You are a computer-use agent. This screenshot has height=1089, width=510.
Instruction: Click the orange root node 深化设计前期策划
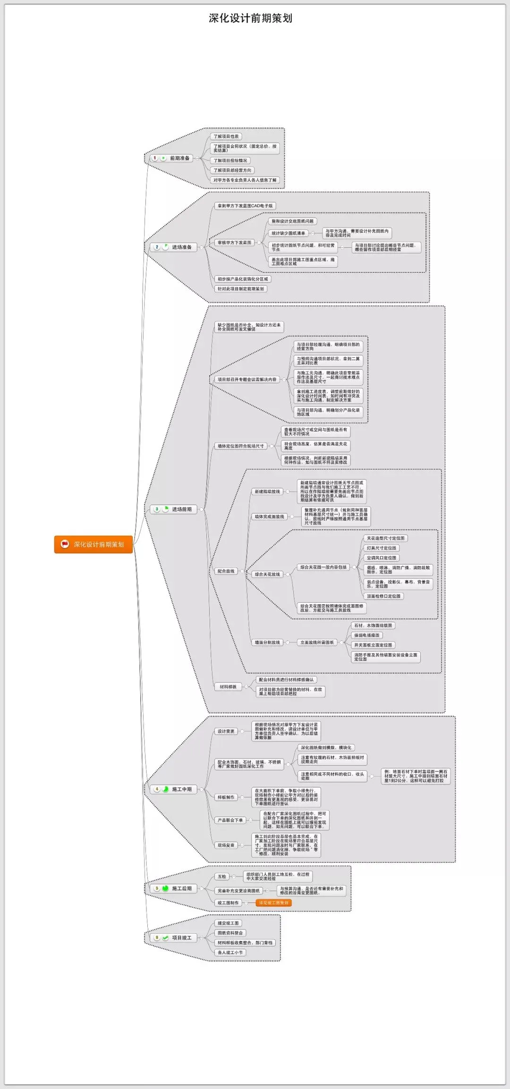pyautogui.click(x=93, y=544)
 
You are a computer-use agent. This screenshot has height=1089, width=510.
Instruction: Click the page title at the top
pyautogui.click(x=250, y=18)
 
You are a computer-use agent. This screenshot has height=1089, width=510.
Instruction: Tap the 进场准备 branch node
pyautogui.click(x=176, y=247)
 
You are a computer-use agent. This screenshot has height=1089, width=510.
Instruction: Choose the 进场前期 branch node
pyautogui.click(x=176, y=509)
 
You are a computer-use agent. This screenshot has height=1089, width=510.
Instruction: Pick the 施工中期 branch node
pyautogui.click(x=176, y=789)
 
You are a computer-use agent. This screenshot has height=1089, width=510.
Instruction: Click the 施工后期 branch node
pyautogui.click(x=176, y=888)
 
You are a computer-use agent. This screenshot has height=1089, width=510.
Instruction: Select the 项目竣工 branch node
pyautogui.click(x=176, y=937)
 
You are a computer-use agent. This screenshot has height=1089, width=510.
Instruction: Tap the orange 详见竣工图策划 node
pyautogui.click(x=273, y=903)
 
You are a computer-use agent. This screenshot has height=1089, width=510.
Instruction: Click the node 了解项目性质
pyautogui.click(x=226, y=136)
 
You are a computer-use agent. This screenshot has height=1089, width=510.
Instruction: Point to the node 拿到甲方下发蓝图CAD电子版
pyautogui.click(x=245, y=206)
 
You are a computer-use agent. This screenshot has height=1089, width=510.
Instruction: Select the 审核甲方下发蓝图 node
pyautogui.click(x=234, y=243)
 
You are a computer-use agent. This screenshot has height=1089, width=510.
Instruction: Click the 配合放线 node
pyautogui.click(x=226, y=571)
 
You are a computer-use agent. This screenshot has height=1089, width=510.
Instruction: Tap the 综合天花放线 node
pyautogui.click(x=267, y=574)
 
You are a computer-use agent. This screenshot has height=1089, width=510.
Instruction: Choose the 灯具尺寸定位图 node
pyautogui.click(x=382, y=548)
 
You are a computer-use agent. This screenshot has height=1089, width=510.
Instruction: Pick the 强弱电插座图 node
pyautogui.click(x=367, y=635)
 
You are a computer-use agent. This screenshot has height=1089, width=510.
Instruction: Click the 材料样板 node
pyautogui.click(x=228, y=687)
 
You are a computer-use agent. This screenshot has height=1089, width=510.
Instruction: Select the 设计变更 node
pyautogui.click(x=226, y=731)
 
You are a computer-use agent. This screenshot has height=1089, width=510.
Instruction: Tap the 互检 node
pyautogui.click(x=222, y=877)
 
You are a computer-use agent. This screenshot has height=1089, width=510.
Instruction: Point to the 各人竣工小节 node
pyautogui.click(x=230, y=953)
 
